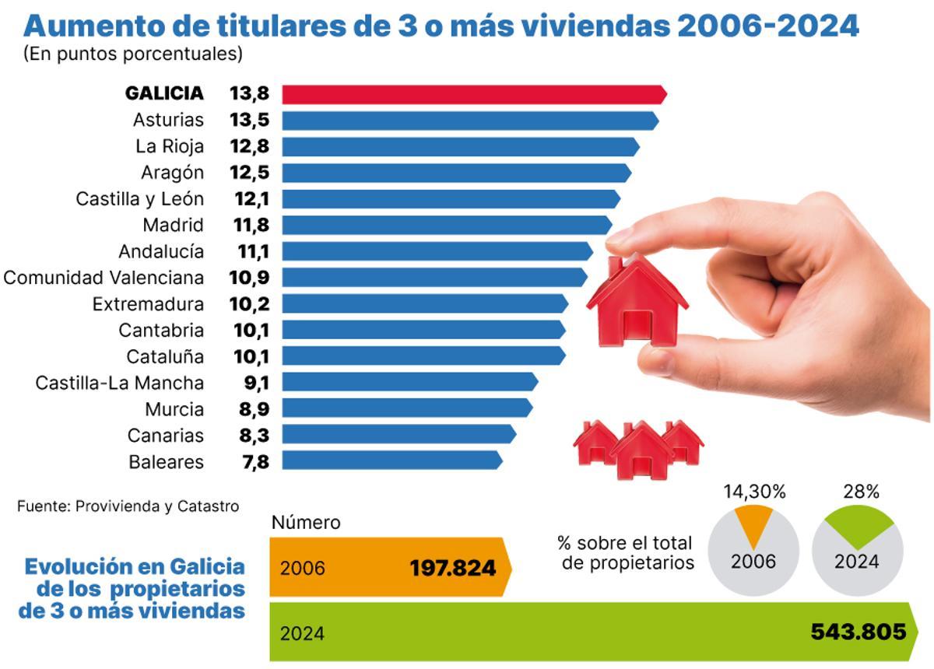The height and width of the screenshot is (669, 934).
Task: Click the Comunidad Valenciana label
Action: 104,278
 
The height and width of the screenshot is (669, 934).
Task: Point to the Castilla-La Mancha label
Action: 120,383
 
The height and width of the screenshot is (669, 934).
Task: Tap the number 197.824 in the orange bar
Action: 452,568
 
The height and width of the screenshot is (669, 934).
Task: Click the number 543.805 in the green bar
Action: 859,632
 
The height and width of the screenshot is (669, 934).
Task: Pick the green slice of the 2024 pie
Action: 858,527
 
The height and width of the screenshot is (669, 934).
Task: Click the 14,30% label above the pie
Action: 754,492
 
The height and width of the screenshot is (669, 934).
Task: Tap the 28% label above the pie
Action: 860,492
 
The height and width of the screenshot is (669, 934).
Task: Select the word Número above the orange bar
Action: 305,523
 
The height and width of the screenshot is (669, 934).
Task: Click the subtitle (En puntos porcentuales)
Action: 133,54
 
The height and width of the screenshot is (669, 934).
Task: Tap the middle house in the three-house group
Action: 641,450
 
